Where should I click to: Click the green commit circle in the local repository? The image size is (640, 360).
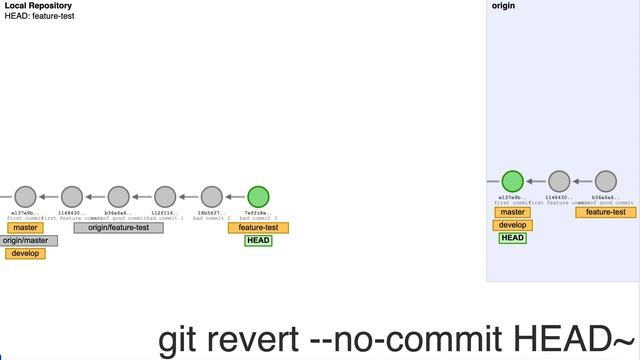[258, 197]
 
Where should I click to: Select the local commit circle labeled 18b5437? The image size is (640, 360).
[211, 197]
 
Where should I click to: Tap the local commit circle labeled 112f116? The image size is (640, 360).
[165, 197]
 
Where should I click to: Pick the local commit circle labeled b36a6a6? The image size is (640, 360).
[118, 197]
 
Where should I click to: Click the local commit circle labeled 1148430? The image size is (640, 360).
[71, 197]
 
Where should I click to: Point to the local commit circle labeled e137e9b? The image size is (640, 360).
[25, 197]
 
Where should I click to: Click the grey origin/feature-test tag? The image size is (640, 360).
[119, 228]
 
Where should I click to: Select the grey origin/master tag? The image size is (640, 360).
[26, 240]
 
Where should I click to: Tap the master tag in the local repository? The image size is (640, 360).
[25, 228]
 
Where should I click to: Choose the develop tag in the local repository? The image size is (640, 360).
[25, 253]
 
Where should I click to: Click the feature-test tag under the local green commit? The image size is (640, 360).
[258, 228]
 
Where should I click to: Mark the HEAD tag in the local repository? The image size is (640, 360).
[258, 240]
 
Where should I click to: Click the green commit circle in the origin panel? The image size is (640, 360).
[512, 181]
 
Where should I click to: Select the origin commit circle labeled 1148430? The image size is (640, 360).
[559, 181]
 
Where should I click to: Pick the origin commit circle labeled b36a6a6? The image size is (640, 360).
[605, 181]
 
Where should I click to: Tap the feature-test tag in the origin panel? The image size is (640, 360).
[605, 212]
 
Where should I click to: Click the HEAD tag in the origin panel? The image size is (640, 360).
[512, 238]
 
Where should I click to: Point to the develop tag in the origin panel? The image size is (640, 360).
[512, 225]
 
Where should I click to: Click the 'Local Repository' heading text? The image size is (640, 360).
[38, 6]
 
